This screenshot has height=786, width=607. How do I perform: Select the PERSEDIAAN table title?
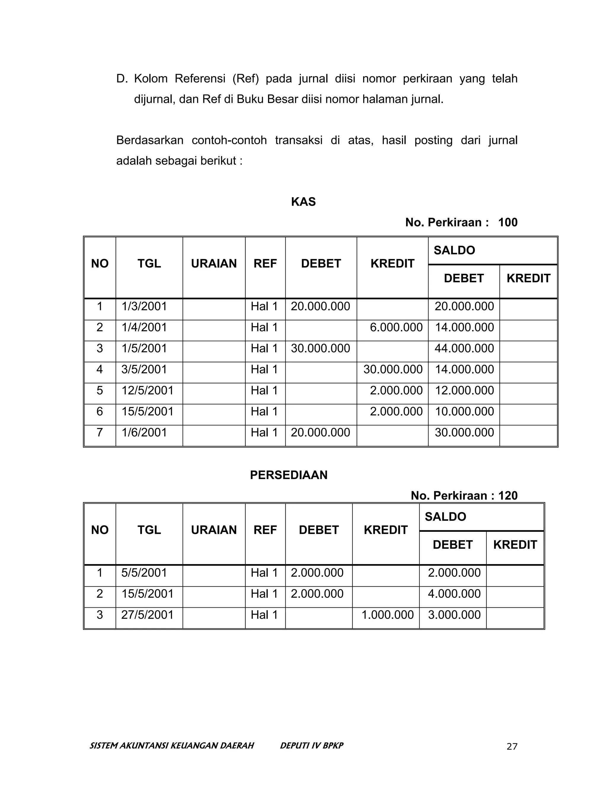pos(288,475)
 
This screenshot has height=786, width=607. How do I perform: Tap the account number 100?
pos(508,222)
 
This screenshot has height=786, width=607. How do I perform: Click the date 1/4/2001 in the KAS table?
pos(144,327)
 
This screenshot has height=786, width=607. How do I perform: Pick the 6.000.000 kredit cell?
pos(396,327)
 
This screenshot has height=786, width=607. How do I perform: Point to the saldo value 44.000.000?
pos(464,349)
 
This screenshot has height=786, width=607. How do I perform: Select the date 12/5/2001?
pos(147,391)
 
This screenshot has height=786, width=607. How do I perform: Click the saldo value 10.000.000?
pos(464,411)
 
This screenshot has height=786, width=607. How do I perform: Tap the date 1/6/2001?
pos(144,432)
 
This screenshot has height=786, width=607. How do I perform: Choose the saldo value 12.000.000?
pos(464,391)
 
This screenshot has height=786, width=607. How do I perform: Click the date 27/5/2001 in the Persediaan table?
pos(147,615)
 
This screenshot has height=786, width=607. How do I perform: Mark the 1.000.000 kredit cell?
pos(387,615)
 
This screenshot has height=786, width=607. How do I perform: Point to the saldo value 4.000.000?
pos(454,594)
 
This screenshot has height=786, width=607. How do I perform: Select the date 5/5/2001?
pos(144,572)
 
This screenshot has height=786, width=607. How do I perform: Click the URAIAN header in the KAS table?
pos(214,263)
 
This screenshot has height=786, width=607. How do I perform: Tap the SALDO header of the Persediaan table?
pos(445,517)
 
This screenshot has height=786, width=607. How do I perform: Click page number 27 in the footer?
pos(512,747)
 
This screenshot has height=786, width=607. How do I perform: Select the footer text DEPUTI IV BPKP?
pos(312,745)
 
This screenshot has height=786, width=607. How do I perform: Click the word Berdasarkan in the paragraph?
pos(150,140)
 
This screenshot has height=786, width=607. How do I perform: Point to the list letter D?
pos(122,79)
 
